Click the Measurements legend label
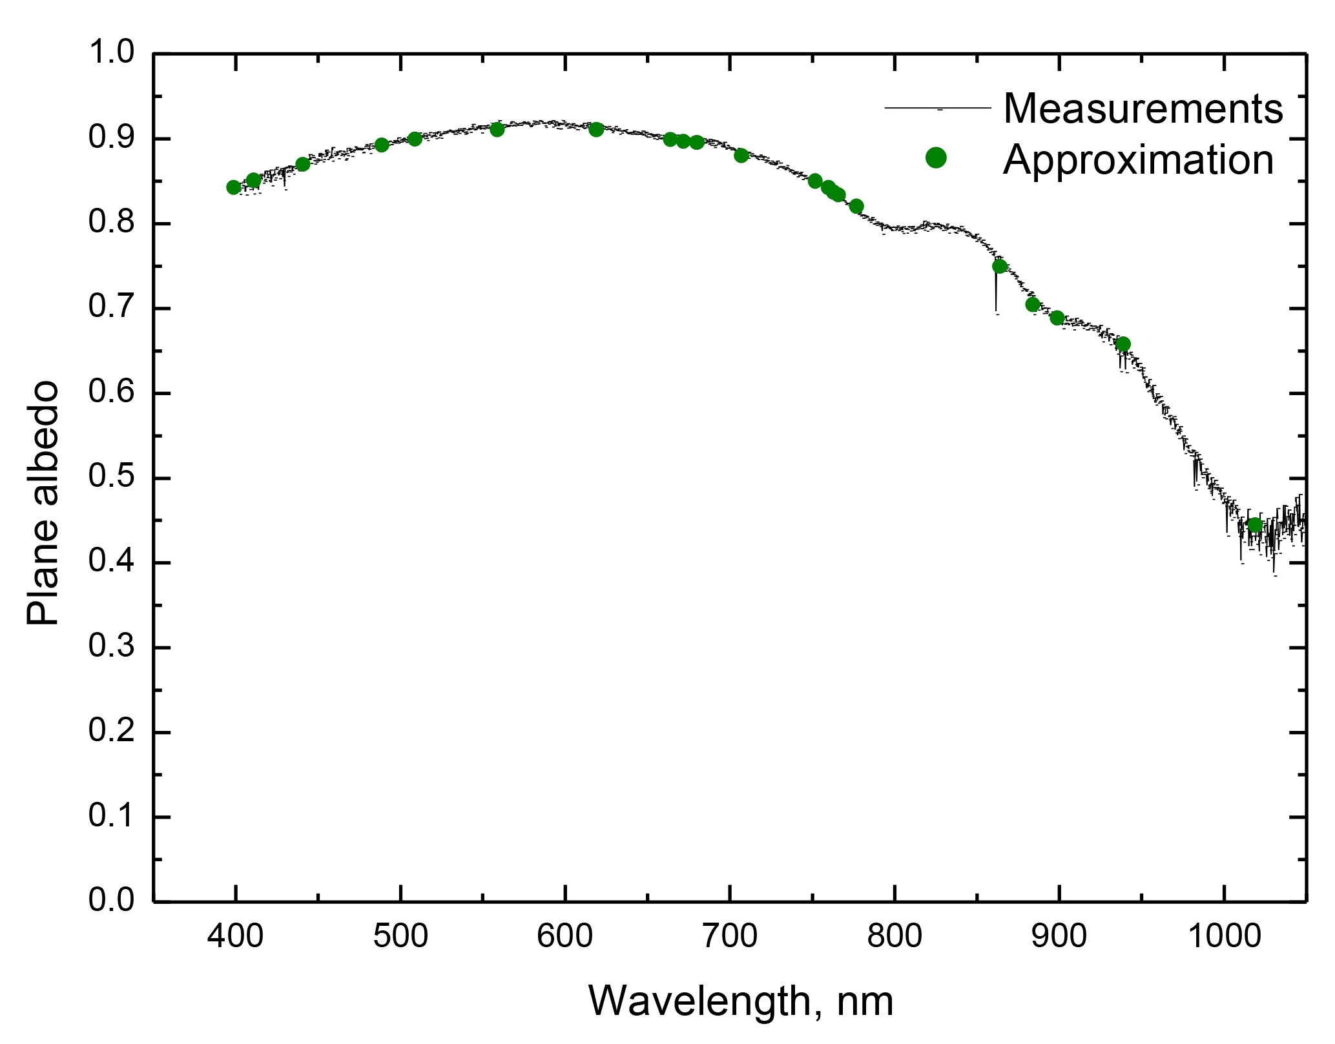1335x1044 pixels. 1143,108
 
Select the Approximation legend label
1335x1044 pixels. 1138,159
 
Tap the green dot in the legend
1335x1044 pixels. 936,158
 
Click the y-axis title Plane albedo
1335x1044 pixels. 43,504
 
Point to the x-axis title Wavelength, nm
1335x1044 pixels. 741,1001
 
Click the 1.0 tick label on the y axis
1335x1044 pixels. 111,53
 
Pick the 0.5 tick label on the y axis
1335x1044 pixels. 111,478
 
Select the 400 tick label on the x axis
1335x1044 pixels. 236,936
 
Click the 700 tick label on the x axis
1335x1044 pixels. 730,936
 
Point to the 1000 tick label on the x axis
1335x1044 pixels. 1224,936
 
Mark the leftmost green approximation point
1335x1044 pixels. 234,187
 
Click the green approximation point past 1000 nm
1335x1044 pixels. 1255,525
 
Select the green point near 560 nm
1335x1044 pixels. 497,129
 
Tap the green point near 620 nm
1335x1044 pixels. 596,129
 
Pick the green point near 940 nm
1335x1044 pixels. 1123,344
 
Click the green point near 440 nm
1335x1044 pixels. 302,164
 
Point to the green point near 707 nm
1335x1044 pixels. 741,155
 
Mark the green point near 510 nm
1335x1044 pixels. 415,139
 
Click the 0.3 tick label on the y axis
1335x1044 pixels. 111,647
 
